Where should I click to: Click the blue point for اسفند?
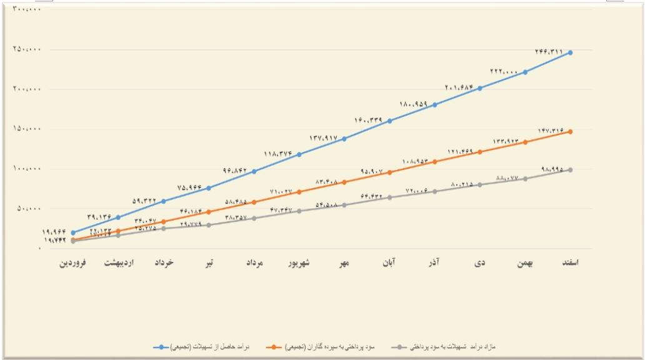570,52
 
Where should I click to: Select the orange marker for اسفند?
570,132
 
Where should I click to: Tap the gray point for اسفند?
570,170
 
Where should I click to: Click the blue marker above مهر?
344,139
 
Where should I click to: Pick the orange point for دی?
480,152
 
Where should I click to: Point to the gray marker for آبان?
389,197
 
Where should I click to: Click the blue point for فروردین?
73,232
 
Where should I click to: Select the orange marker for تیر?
209,212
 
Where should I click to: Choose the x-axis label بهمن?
525,263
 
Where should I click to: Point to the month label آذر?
435,262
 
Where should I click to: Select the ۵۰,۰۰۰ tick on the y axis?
27,208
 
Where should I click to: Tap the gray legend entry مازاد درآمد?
446,346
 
